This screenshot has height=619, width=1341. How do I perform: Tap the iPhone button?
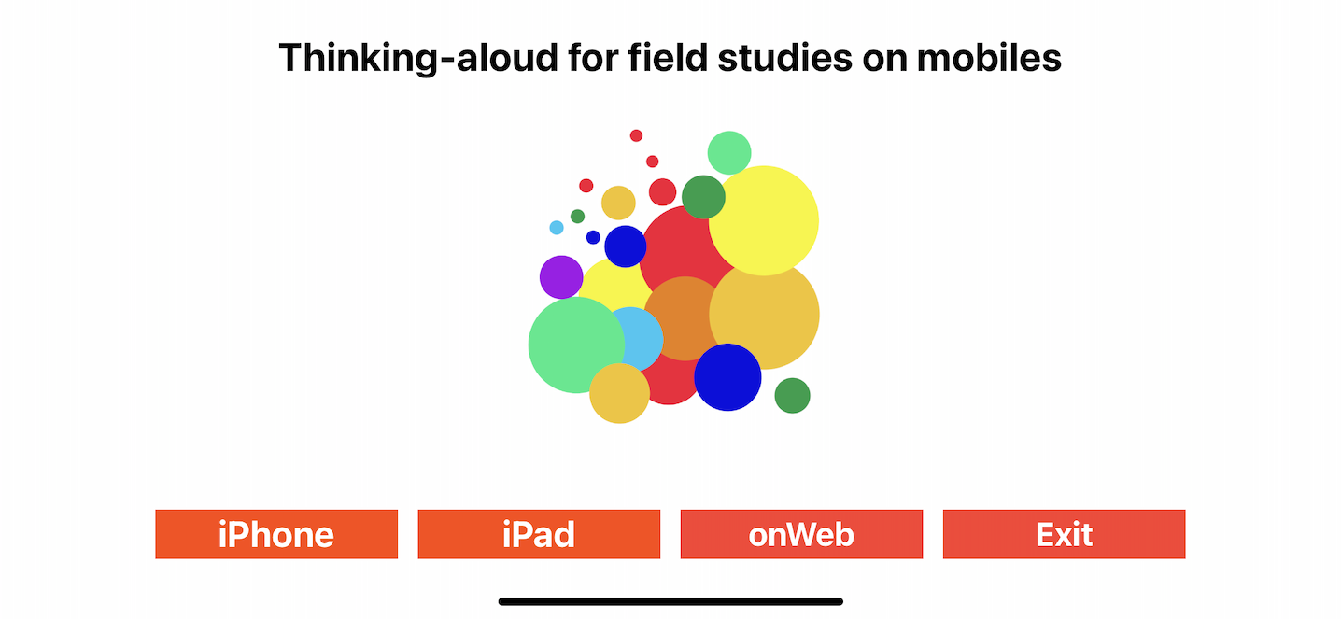[276, 534]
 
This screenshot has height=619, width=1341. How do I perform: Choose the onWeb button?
[801, 534]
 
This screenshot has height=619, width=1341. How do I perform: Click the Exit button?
[1064, 534]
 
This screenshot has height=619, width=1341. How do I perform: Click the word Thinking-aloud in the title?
[418, 59]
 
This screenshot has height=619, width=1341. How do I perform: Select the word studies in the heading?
[784, 58]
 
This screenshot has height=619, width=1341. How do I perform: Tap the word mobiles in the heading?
[989, 58]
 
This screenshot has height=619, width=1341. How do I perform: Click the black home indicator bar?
[670, 601]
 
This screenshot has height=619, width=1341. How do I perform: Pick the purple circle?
[561, 277]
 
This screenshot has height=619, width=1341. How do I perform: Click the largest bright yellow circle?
[764, 220]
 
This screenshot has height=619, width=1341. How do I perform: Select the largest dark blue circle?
[727, 377]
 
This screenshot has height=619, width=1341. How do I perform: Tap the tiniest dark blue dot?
[593, 237]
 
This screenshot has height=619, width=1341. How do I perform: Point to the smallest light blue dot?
[557, 228]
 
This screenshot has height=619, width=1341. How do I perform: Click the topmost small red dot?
[636, 136]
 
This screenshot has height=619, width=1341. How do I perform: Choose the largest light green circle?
[576, 345]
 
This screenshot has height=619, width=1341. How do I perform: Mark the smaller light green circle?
[729, 153]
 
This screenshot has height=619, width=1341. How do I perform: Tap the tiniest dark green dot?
[577, 216]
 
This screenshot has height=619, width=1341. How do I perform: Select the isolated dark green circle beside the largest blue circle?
[792, 395]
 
